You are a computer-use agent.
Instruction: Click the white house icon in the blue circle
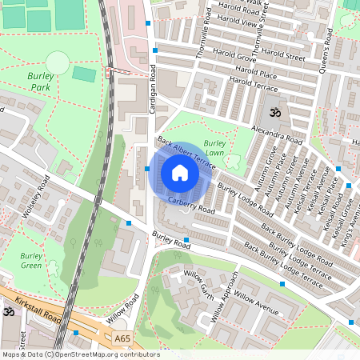point(179,172)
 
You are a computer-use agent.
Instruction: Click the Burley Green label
point(31,261)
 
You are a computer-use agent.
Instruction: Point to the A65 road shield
point(122,339)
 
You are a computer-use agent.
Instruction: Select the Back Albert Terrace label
point(186,152)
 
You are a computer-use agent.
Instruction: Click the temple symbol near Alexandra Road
point(276,111)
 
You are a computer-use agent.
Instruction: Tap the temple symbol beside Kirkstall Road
point(8,311)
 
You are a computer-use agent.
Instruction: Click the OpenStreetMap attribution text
point(70,354)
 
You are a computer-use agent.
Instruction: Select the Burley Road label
point(171,238)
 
